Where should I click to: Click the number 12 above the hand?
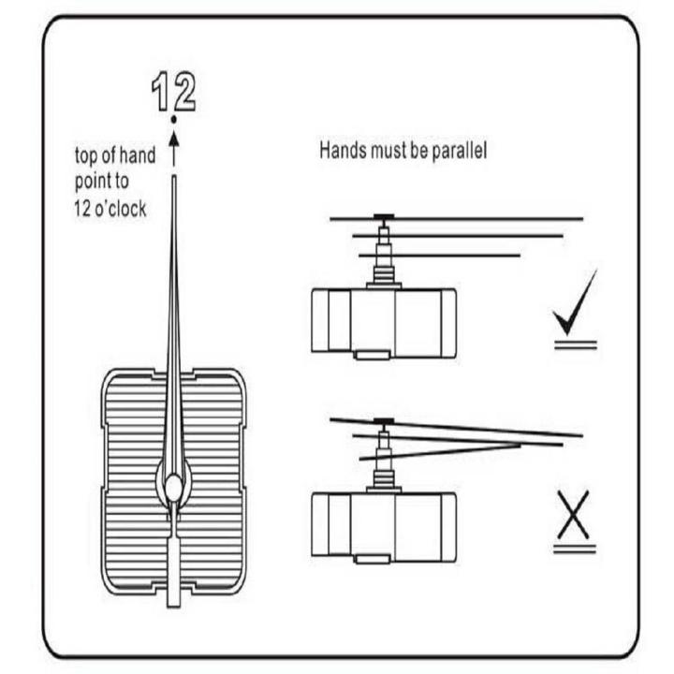pyautogui.click(x=174, y=92)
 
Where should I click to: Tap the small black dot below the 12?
pyautogui.click(x=174, y=120)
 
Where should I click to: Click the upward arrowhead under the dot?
pyautogui.click(x=174, y=139)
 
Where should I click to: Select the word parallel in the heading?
pyautogui.click(x=459, y=152)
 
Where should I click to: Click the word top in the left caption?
pyautogui.click(x=86, y=156)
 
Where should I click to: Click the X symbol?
pyautogui.click(x=574, y=515)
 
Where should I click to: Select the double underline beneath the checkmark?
pyautogui.click(x=576, y=344)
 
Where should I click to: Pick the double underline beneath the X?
pyautogui.click(x=574, y=549)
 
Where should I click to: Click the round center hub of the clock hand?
pyautogui.click(x=174, y=488)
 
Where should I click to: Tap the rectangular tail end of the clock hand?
pyautogui.click(x=174, y=573)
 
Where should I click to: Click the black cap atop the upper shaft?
pyautogui.click(x=384, y=216)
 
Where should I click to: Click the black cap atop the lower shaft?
pyautogui.click(x=384, y=421)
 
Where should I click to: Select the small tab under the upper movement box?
pyautogui.click(x=373, y=354)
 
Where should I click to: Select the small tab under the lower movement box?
pyautogui.click(x=373, y=558)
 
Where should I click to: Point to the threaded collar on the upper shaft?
pyautogui.click(x=384, y=274)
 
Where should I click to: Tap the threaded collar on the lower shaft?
pyautogui.click(x=384, y=478)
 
